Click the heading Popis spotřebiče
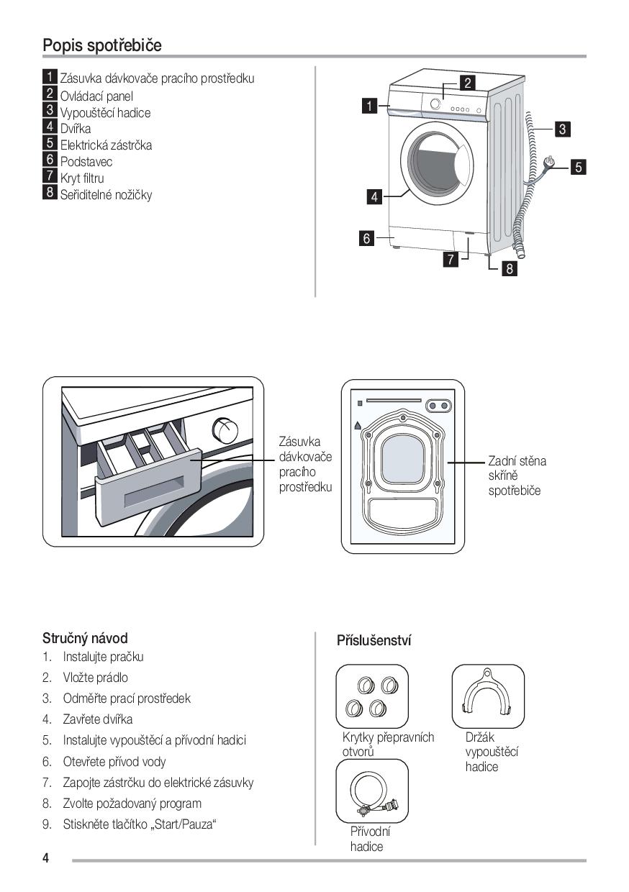pos(102,45)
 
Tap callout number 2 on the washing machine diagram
pos(467,83)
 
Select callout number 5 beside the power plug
pos(578,168)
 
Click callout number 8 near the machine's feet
pos(510,269)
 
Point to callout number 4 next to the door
pos(374,196)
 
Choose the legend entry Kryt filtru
pos(82,178)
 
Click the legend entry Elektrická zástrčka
pos(106,145)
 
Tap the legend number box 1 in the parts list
pos(50,77)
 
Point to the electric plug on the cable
pos(551,163)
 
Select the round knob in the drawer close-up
pos(226,432)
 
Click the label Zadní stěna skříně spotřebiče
pos(516,475)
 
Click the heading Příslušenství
pos(374,640)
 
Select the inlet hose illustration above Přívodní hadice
pos(372,791)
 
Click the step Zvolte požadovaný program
pos(132,804)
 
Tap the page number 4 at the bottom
pos(46,858)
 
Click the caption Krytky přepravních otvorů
pos(388,745)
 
